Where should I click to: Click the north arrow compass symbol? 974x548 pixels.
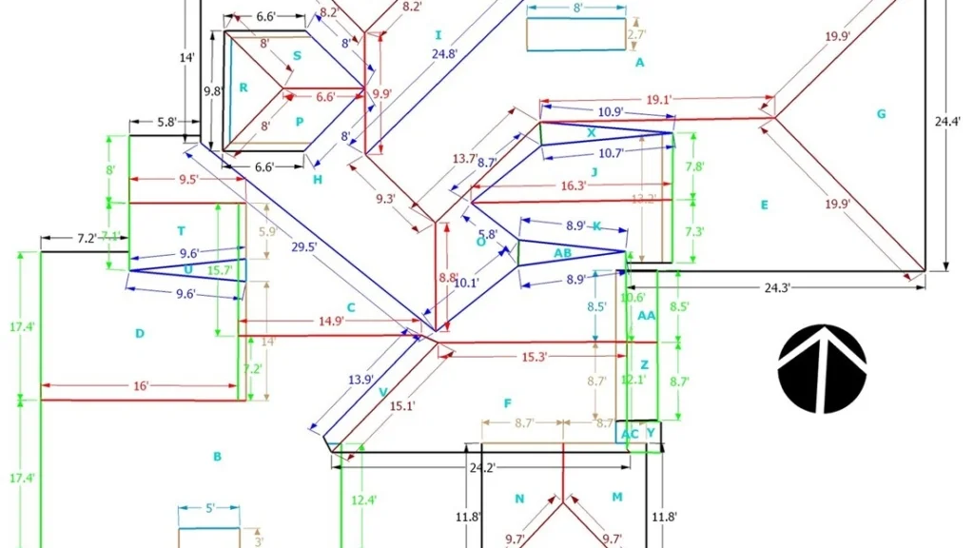point(822,369)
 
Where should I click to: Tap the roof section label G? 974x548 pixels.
point(881,114)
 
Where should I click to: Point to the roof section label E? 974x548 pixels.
point(764,205)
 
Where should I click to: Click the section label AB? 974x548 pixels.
point(562,253)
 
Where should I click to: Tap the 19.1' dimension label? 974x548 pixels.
point(659,98)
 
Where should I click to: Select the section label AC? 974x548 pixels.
point(630,434)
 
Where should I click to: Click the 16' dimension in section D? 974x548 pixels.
point(141,386)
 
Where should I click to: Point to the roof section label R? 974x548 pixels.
point(243,88)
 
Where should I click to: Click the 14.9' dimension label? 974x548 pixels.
point(332,322)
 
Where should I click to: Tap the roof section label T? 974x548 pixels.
point(181,231)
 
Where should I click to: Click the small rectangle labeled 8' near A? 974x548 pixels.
point(575,33)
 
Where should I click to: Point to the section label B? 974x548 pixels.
point(217,457)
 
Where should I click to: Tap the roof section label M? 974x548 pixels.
point(616,498)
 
